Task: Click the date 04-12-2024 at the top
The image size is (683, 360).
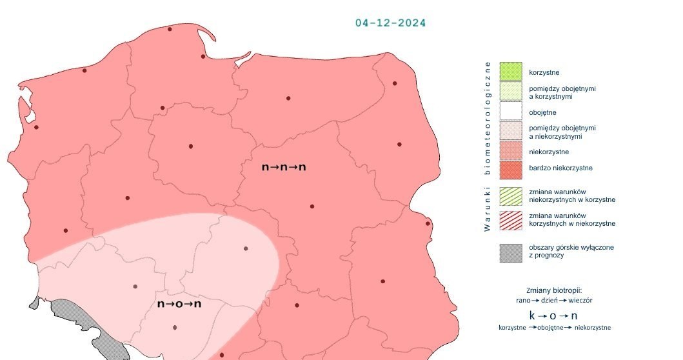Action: click(390, 23)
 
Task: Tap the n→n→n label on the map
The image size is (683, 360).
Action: click(284, 167)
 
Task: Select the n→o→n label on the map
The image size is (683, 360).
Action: click(179, 303)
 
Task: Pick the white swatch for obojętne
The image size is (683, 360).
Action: click(510, 112)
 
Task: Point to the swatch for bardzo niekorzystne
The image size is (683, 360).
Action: click(510, 170)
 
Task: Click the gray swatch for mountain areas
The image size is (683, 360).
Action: click(510, 252)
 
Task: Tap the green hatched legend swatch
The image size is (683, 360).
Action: click(510, 195)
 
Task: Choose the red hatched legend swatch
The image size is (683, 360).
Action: click(510, 219)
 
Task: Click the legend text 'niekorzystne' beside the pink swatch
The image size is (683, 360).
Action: click(549, 152)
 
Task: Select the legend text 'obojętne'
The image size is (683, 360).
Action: click(542, 112)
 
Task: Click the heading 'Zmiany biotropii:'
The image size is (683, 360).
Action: click(554, 290)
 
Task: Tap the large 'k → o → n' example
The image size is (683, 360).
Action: click(553, 315)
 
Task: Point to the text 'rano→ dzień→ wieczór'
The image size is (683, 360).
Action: click(554, 300)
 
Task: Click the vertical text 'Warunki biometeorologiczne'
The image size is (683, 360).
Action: click(488, 146)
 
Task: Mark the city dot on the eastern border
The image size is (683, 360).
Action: click(428, 224)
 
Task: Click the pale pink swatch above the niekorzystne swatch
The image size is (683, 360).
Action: click(510, 132)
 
